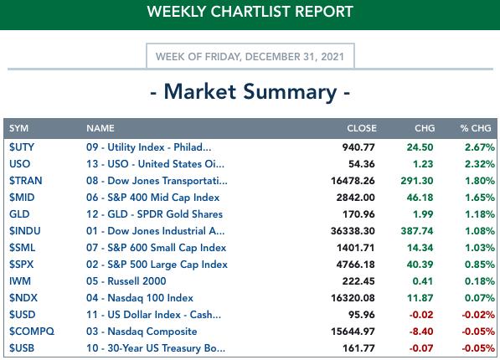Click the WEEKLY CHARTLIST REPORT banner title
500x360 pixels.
[250, 12]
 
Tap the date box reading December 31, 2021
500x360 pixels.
[250, 56]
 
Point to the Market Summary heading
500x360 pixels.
[250, 92]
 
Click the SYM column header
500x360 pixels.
[18, 128]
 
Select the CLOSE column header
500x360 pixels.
[362, 128]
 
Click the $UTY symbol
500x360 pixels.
[22, 147]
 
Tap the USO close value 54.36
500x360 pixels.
[361, 164]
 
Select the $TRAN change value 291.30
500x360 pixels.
[417, 181]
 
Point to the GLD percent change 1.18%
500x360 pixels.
[480, 214]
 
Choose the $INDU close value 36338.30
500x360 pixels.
[353, 231]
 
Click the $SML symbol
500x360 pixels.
[23, 248]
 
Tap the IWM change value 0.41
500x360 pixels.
[422, 281]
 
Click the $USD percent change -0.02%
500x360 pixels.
[478, 315]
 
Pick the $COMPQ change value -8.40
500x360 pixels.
[421, 332]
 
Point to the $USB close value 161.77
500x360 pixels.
[358, 348]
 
